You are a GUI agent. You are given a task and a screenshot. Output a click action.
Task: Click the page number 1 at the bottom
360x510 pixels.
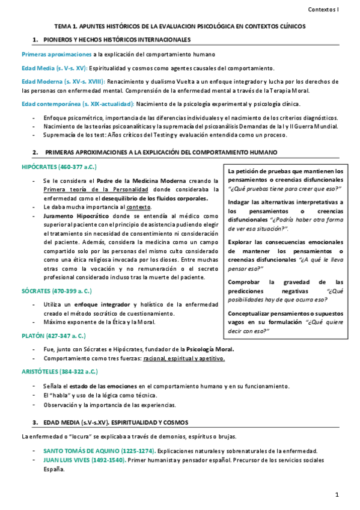coord(338,494)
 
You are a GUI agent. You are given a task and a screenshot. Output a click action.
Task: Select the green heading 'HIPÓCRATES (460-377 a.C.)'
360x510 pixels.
coord(59,166)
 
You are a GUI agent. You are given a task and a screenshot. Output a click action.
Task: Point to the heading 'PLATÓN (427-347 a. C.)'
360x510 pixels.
coord(53,334)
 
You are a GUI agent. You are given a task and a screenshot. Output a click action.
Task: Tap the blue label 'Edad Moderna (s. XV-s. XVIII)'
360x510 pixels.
coord(63,81)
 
